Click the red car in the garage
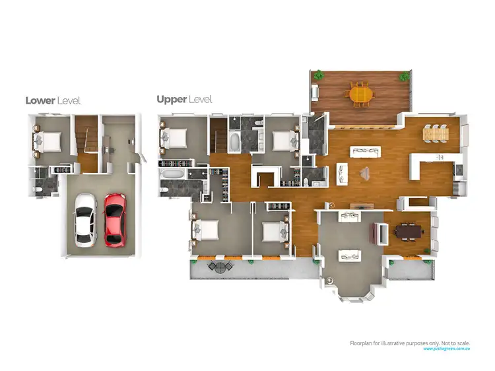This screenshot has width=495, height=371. (x=115, y=219)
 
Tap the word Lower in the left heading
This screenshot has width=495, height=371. (x=40, y=101)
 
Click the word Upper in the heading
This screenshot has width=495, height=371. (x=171, y=100)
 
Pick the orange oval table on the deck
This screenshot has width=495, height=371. (x=360, y=94)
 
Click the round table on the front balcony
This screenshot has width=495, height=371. (x=218, y=267)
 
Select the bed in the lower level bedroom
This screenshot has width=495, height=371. (x=49, y=141)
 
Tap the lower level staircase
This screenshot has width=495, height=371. (x=84, y=139)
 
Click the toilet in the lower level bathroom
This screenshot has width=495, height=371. (x=39, y=187)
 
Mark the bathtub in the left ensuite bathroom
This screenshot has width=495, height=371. (x=173, y=175)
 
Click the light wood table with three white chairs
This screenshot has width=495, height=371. (x=436, y=133)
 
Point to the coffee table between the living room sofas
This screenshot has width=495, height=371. (x=364, y=172)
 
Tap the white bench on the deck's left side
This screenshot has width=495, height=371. (x=316, y=92)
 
